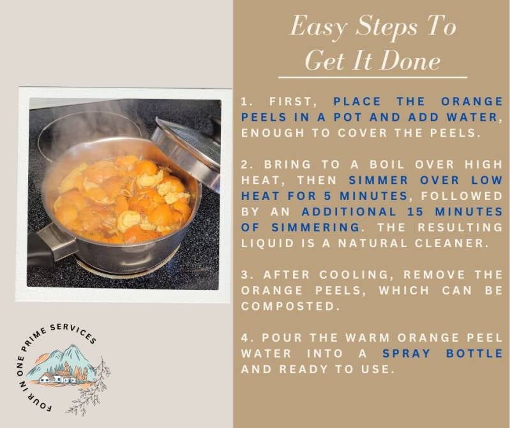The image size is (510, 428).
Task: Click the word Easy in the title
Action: [318, 27]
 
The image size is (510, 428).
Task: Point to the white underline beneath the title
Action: [373, 78]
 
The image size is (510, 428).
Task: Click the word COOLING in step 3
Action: [354, 275]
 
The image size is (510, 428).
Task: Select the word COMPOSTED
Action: [287, 306]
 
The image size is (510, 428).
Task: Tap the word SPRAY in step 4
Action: [406, 353]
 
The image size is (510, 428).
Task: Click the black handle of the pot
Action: [39, 249]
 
